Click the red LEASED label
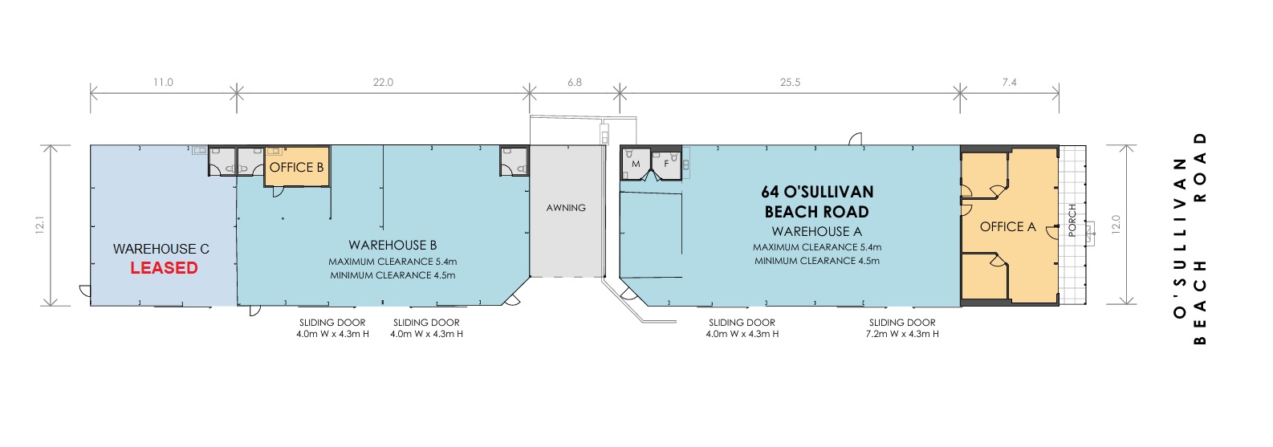pyautogui.click(x=165, y=268)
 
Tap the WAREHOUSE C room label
pyautogui.click(x=161, y=249)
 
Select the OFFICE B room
pyautogui.click(x=297, y=166)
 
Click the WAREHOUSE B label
pyautogui.click(x=392, y=245)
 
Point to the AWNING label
pyautogui.click(x=566, y=208)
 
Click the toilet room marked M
pyautogui.click(x=636, y=165)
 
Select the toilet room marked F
pyautogui.click(x=666, y=165)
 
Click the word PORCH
pyautogui.click(x=1072, y=221)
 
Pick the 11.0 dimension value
pyautogui.click(x=163, y=83)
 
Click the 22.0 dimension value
pyautogui.click(x=383, y=83)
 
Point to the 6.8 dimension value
pyautogui.click(x=575, y=83)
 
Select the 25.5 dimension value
pyautogui.click(x=790, y=83)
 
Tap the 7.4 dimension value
pyautogui.click(x=1009, y=83)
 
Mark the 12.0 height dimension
pyautogui.click(x=1115, y=225)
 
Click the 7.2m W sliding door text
pyautogui.click(x=902, y=334)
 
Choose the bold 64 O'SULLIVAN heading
pyautogui.click(x=817, y=192)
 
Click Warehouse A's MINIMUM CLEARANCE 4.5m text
pyautogui.click(x=817, y=261)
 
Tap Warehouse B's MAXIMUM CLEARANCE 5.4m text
pyautogui.click(x=392, y=262)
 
